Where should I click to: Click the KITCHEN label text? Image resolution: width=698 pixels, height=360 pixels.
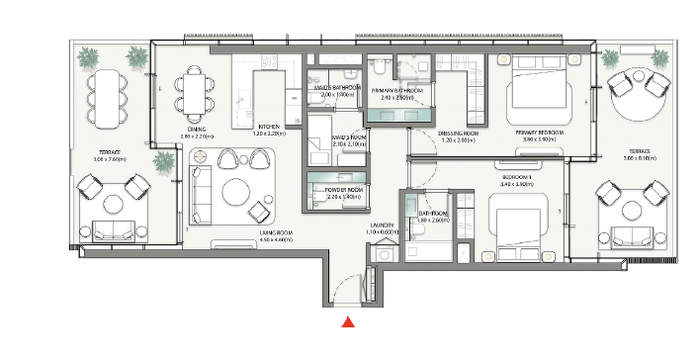pyautogui.click(x=270, y=128)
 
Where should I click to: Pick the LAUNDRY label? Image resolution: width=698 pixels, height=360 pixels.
pyautogui.click(x=383, y=225)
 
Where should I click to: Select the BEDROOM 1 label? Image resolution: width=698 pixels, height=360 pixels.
pyautogui.click(x=517, y=178)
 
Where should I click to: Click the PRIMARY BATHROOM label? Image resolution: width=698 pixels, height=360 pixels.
pyautogui.click(x=397, y=91)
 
